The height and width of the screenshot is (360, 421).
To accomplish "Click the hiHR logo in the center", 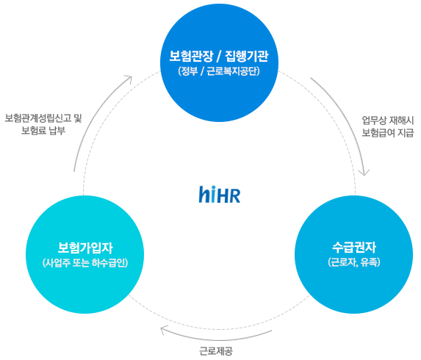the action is [x=220, y=194].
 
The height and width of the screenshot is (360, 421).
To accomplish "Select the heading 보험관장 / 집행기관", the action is [x=219, y=56].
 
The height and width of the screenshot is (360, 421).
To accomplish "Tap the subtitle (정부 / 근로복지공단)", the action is [x=219, y=71].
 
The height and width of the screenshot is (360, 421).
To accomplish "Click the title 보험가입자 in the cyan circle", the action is [x=85, y=248].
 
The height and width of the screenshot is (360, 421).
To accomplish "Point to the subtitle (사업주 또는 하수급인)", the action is [x=85, y=262].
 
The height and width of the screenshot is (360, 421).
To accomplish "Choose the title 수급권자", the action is [x=354, y=248].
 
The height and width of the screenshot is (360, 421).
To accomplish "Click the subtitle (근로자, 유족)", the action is [x=354, y=262].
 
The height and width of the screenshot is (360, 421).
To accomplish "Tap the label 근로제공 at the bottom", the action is [x=216, y=351].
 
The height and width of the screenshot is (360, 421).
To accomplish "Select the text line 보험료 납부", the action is [x=43, y=131].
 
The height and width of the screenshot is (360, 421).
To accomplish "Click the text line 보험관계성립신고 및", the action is [x=43, y=118].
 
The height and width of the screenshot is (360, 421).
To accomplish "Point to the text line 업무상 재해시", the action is [x=388, y=120].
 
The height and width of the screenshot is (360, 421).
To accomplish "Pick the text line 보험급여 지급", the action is [x=388, y=133].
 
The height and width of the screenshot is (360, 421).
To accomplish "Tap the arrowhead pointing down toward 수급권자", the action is [x=364, y=173].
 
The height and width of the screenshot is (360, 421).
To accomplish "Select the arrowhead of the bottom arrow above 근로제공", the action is [x=163, y=329].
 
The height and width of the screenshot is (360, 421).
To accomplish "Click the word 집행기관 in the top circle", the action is [x=247, y=56].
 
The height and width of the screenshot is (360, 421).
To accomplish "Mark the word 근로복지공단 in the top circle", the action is [x=233, y=71].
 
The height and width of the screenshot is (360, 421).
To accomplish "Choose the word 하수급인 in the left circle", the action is [x=109, y=262].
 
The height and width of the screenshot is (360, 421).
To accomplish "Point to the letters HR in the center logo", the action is [x=229, y=195].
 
